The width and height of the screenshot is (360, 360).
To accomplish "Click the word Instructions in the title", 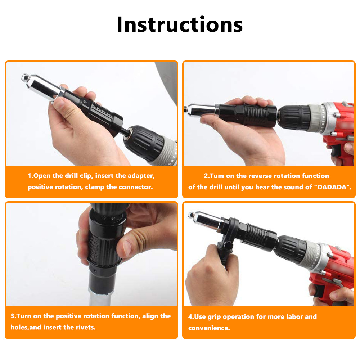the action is coord(180,24).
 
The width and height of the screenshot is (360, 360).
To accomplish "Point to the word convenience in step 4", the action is coord(209,328).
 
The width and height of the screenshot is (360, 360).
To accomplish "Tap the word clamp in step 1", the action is coord(95,187).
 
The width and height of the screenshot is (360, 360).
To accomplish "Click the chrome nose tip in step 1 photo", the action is coord(25,78).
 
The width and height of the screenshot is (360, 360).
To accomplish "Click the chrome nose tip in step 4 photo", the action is coord(192,215).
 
